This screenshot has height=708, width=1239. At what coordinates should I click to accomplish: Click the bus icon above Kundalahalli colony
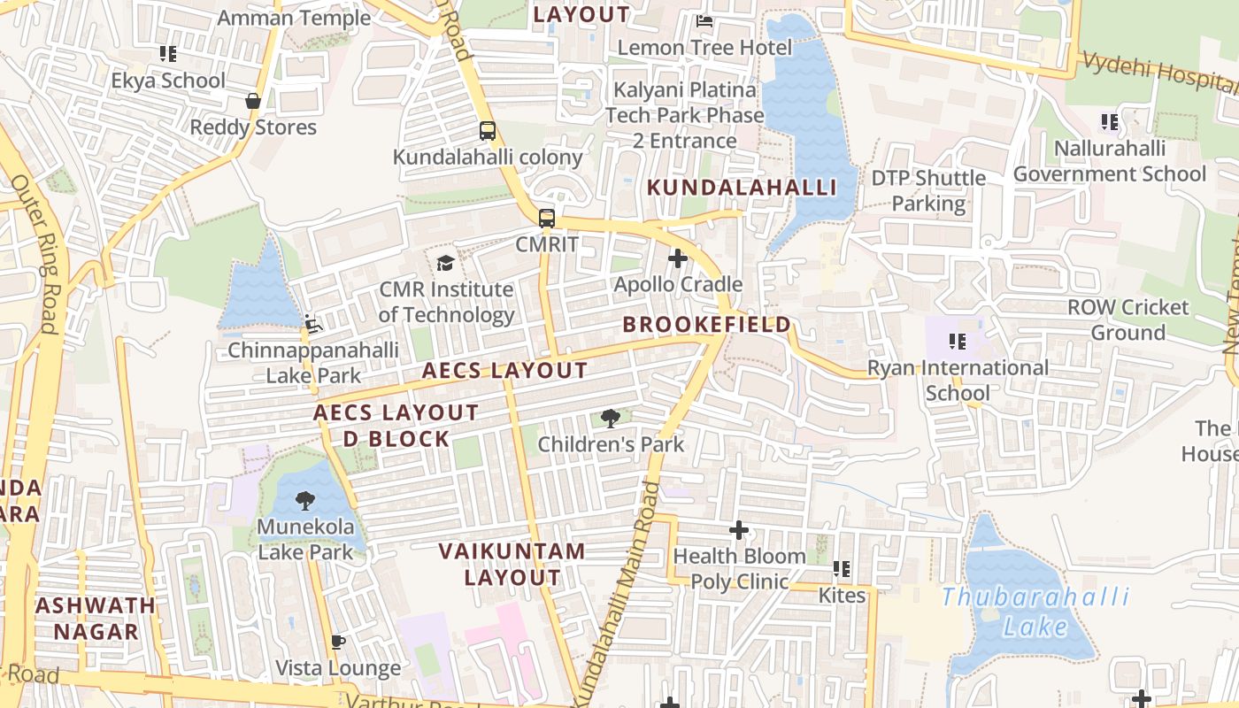click(x=488, y=131)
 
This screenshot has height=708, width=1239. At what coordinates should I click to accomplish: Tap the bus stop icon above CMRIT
click(x=547, y=218)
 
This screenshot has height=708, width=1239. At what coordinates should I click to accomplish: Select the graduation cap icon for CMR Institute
click(x=445, y=263)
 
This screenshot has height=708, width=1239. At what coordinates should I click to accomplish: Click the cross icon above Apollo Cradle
click(x=678, y=258)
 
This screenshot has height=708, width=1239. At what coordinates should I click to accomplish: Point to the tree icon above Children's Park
click(x=610, y=418)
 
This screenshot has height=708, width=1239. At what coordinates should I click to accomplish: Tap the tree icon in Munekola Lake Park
click(x=305, y=501)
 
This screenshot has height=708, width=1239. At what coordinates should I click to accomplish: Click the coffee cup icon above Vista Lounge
click(x=337, y=642)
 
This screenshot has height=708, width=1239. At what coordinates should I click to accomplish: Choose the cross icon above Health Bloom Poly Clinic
click(x=739, y=530)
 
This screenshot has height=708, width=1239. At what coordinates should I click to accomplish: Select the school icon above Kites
click(x=842, y=569)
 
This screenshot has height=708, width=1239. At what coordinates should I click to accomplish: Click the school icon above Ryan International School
click(x=957, y=341)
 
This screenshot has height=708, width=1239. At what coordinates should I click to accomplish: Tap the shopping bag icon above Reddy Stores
click(x=253, y=101)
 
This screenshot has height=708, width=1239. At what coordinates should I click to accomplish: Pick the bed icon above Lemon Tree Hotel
click(x=704, y=21)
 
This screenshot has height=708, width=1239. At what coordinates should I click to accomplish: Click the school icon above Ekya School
click(x=168, y=54)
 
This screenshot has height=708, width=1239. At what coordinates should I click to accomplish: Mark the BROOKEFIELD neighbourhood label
click(x=707, y=325)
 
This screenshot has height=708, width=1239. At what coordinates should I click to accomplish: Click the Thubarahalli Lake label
click(x=1034, y=612)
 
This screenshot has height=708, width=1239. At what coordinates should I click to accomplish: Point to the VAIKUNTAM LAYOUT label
click(x=512, y=564)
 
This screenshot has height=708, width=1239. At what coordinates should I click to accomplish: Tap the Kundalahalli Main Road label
click(x=619, y=593)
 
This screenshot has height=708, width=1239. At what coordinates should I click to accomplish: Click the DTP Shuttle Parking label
click(x=928, y=190)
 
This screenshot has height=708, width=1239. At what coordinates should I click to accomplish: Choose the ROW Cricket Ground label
click(x=1127, y=319)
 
